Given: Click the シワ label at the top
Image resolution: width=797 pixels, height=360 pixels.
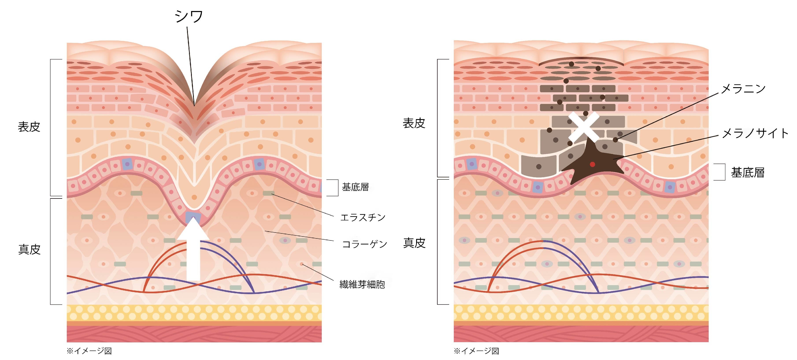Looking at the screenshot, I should coord(189,16).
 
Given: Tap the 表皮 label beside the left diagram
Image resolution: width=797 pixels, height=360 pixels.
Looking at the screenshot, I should coord(29,127).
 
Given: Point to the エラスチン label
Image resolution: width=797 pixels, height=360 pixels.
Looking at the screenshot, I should coord(363,217).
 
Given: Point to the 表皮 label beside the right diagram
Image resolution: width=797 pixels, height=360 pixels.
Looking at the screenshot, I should coord(414,123).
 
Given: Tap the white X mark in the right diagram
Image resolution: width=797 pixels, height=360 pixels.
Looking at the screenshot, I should coord(584,127).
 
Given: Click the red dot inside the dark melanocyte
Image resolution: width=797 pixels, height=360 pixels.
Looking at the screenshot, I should coord(592,164).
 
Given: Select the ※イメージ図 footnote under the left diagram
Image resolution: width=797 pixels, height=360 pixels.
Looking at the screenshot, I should coord(89,351).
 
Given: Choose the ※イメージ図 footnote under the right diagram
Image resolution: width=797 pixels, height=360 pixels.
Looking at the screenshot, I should coord(476,351).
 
